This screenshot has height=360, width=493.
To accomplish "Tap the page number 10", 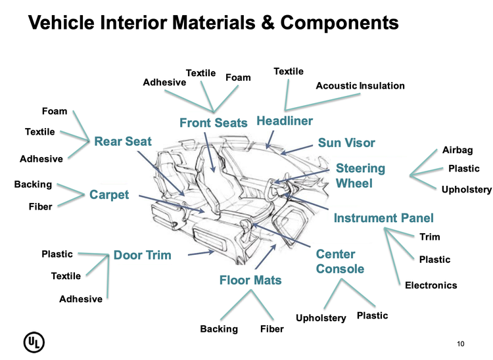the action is click(x=460, y=344).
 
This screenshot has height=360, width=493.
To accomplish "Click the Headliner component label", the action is click(x=285, y=121).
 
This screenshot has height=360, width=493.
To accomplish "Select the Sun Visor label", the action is click(x=346, y=143).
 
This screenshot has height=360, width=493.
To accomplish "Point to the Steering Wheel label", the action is click(x=360, y=175).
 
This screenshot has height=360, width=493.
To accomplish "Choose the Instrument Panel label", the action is click(x=384, y=218).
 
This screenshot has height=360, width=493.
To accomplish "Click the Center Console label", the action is click(x=340, y=261).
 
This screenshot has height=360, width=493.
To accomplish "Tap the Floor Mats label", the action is click(x=250, y=281).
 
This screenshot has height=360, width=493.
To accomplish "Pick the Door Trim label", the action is click(x=142, y=255).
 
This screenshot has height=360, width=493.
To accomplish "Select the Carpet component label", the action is click(x=109, y=195).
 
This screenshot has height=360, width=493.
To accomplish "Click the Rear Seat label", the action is click(x=123, y=141).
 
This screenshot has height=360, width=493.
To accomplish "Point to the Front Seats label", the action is click(x=214, y=123).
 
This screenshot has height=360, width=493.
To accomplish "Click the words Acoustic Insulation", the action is click(x=360, y=86).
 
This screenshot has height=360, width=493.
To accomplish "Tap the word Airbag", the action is click(x=458, y=150).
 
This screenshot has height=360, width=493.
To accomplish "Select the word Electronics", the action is click(x=431, y=285).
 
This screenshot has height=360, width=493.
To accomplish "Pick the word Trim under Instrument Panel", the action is click(x=429, y=236).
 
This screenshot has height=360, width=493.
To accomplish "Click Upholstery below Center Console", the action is click(x=321, y=318).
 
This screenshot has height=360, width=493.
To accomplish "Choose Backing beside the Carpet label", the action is click(x=33, y=185).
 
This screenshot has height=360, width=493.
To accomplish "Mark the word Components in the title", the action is click(x=339, y=22).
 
